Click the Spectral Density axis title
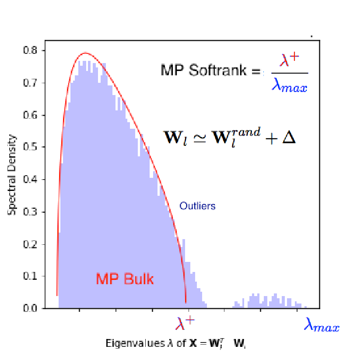(13, 175)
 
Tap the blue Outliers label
(197, 205)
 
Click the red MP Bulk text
(125, 279)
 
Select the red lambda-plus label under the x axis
(185, 325)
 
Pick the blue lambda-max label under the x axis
(322, 325)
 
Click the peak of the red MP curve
(85, 53)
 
